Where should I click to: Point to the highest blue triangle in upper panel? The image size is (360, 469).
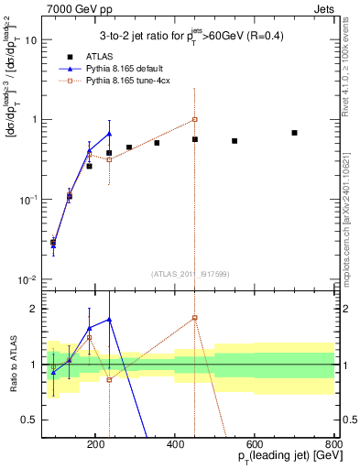(x=109, y=135)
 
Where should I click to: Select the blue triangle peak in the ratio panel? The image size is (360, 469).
(x=109, y=320)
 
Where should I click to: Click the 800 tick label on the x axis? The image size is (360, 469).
(x=333, y=443)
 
